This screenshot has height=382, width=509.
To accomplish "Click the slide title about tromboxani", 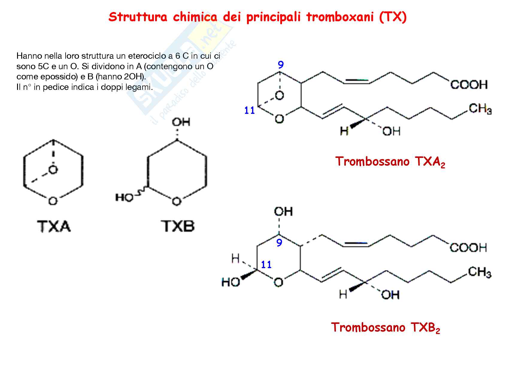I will [x=257, y=17].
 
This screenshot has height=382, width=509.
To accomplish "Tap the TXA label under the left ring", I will [x=54, y=226].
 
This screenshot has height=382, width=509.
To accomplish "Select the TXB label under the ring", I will [x=178, y=226].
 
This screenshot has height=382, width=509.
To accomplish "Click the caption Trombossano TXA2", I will [x=390, y=162].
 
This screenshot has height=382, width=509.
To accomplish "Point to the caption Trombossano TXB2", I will [x=385, y=327].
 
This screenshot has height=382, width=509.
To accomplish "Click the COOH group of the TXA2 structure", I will [x=469, y=85].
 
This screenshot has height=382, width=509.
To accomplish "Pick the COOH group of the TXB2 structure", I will [x=468, y=248].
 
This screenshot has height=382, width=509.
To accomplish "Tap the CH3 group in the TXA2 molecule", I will [x=480, y=108].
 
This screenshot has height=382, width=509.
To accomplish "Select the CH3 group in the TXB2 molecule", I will [x=480, y=272].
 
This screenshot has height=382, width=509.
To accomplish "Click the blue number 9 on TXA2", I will [x=281, y=65].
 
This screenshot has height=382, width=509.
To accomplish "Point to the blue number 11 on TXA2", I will [x=249, y=111].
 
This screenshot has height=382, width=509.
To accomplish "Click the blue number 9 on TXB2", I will [x=279, y=243].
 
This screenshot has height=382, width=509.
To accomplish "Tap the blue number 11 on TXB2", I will [x=266, y=265].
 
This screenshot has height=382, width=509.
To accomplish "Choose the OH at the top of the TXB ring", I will [x=181, y=122].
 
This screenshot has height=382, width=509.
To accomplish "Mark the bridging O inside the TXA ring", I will [x=53, y=170].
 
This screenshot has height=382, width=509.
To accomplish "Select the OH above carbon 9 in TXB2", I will [x=283, y=212].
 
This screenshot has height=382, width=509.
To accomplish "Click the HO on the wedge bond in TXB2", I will [x=231, y=282].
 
